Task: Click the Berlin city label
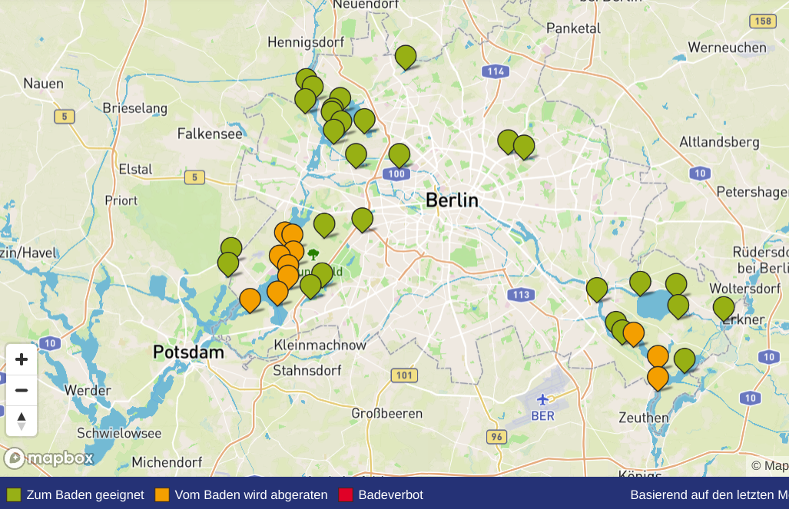[x=452, y=201]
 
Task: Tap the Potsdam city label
[x=188, y=352]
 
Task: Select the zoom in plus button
[x=22, y=359]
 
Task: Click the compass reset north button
[x=22, y=421]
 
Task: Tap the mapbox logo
[x=49, y=458]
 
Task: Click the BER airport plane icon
[x=542, y=399]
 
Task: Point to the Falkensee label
[x=210, y=134]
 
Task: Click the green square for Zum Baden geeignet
[x=14, y=494]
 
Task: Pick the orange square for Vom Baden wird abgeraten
[x=162, y=494]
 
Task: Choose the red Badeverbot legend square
[x=346, y=494]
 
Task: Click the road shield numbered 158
[x=763, y=21]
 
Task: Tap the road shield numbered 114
[x=496, y=71]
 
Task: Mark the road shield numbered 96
[x=496, y=437]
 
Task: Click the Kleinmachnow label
[x=320, y=345]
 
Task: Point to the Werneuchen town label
[x=727, y=48]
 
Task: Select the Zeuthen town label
[x=644, y=418]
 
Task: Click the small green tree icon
[x=313, y=253]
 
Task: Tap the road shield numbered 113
[x=520, y=294]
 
